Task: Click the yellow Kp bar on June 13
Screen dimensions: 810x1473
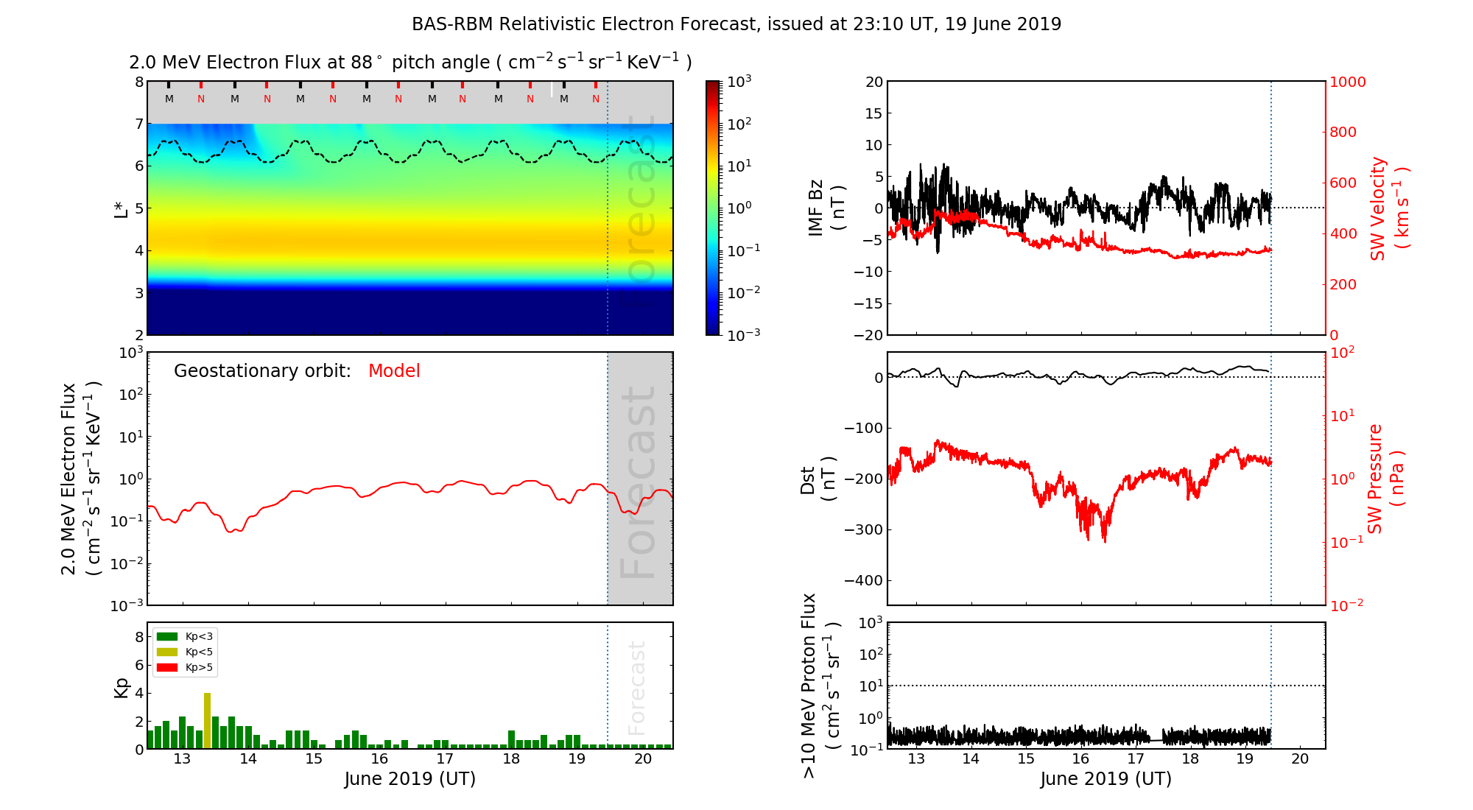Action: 208,721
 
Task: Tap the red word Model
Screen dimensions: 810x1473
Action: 394,371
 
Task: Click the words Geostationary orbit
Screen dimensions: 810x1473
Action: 262,371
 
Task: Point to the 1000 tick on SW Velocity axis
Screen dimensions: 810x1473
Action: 1347,82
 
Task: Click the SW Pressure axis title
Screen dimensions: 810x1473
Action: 1385,479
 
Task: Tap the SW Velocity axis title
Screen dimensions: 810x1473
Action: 1388,208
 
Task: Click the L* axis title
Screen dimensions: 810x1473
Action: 122,208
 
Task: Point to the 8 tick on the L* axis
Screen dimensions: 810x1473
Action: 139,82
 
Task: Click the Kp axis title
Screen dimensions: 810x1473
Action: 122,687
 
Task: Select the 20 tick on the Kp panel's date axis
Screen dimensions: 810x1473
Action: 643,759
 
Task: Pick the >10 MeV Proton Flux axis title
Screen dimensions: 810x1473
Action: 820,686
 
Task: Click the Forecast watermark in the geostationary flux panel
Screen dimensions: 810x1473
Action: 638,482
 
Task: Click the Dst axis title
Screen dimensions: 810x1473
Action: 818,479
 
